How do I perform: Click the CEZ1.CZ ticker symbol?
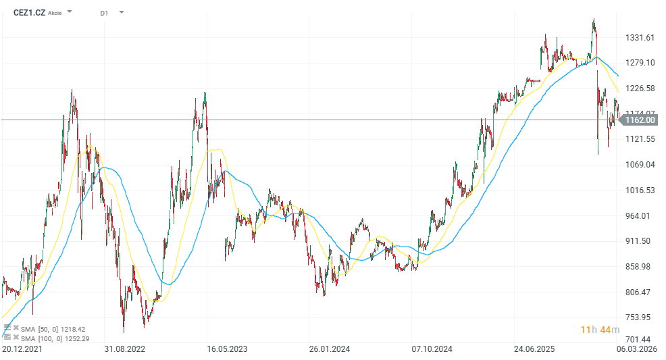[x=29, y=13]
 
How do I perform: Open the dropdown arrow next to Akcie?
[x=70, y=12]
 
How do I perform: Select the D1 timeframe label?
[x=104, y=13]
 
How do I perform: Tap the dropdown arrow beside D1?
[x=121, y=12]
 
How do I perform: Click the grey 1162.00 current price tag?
[x=639, y=120]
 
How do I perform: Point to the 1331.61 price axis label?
[x=640, y=37]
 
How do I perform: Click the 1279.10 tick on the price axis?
[x=640, y=63]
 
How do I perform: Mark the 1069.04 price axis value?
[x=640, y=164]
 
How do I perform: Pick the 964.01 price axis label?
[x=639, y=215]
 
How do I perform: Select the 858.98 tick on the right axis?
[x=639, y=266]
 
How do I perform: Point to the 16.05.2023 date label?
[x=227, y=349]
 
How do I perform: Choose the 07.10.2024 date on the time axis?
[x=432, y=349]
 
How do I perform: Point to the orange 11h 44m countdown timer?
[x=600, y=330]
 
